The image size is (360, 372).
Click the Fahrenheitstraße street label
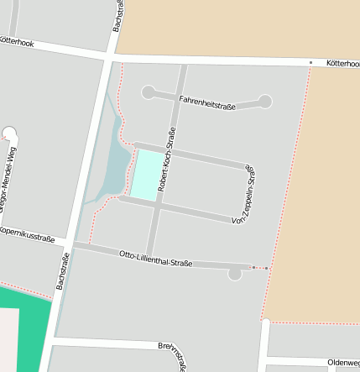pyautogui.click(x=206, y=102)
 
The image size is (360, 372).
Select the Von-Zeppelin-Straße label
pyautogui.click(x=243, y=195)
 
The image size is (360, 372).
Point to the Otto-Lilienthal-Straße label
pyautogui.click(x=155, y=258)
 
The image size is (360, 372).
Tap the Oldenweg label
pyautogui.click(x=343, y=363)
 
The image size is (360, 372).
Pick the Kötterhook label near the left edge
pyautogui.click(x=16, y=40)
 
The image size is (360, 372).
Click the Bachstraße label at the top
pyautogui.click(x=117, y=16)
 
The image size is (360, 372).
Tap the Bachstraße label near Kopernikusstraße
pyautogui.click(x=63, y=270)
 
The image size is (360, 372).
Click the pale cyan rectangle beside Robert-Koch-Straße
pyautogui.click(x=146, y=175)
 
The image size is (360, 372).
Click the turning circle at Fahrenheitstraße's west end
pyautogui.click(x=149, y=92)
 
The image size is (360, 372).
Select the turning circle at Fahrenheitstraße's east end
pyautogui.click(x=265, y=102)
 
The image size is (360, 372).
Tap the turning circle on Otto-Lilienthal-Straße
pyautogui.click(x=235, y=273)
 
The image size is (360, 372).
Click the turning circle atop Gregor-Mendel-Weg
pyautogui.click(x=10, y=133)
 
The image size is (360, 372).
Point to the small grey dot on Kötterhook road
pyautogui.click(x=310, y=62)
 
